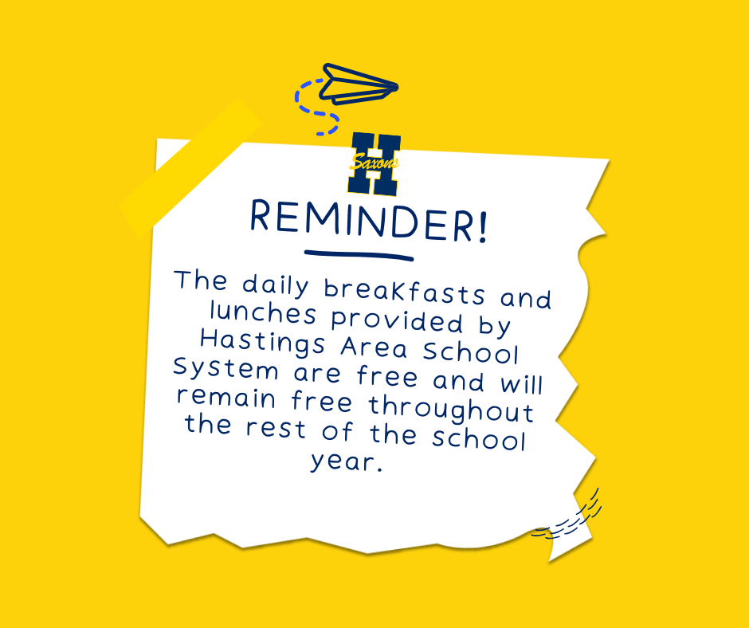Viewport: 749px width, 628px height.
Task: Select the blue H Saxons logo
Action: (x=374, y=164)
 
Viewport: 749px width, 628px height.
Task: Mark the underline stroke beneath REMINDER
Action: (x=359, y=255)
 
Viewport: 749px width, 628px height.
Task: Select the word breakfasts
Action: (x=410, y=292)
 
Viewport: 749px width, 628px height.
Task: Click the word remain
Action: (x=224, y=397)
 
